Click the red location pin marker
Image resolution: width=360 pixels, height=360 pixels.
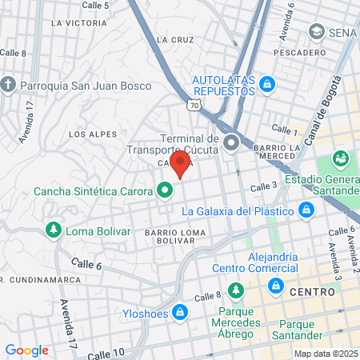(x=181, y=165)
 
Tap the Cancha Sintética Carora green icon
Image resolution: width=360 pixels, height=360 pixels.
(x=165, y=190)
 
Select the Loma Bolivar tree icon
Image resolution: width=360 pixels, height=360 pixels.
(x=54, y=230)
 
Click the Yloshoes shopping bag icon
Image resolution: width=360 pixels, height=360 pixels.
(x=181, y=312)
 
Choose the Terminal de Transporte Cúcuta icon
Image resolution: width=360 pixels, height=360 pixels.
(x=232, y=144)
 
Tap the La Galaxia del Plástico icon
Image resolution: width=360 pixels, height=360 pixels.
(x=305, y=210)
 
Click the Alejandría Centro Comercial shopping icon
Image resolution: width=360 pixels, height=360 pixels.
(x=276, y=286)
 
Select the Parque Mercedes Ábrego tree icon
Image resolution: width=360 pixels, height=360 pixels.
(x=236, y=290)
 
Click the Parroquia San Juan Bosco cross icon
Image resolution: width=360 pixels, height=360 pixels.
(x=8, y=84)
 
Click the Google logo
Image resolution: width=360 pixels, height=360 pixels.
(x=26, y=350)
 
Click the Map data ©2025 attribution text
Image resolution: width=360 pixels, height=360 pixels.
(x=326, y=354)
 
